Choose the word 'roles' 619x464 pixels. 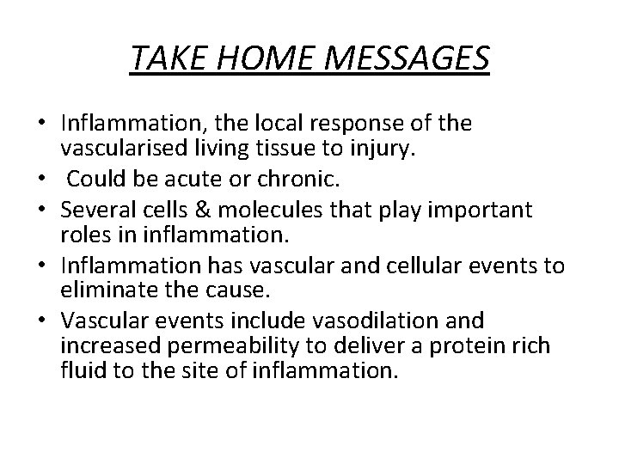tap(82, 235)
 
